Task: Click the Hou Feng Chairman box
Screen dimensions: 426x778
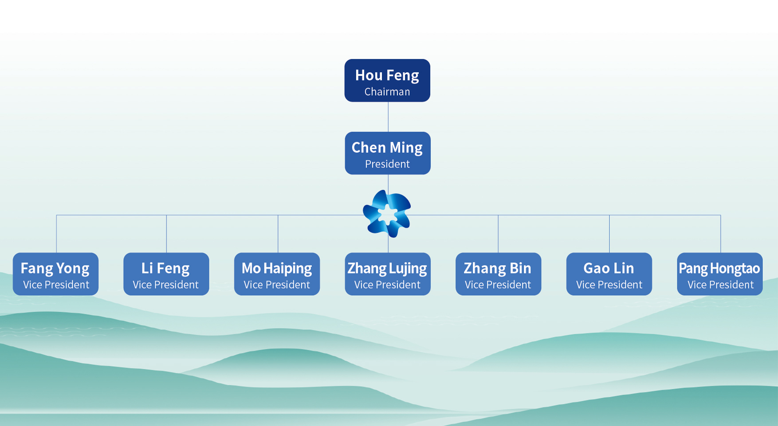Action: pos(387,80)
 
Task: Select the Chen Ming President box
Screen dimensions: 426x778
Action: pos(387,153)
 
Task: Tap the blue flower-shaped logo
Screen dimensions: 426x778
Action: pos(387,214)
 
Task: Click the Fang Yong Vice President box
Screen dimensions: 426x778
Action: pos(55,274)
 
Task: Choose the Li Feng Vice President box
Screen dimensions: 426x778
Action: pos(166,274)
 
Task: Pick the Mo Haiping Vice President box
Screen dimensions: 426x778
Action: pos(277,274)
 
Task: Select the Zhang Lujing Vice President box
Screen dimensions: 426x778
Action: pos(387,274)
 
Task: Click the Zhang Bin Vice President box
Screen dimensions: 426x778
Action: pos(498,274)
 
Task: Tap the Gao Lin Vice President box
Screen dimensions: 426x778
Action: pos(609,274)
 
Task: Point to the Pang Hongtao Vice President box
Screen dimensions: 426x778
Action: pos(719,274)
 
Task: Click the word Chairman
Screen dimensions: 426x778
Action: pos(387,92)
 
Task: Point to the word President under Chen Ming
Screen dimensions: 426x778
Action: pos(387,164)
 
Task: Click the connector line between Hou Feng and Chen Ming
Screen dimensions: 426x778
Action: pos(388,117)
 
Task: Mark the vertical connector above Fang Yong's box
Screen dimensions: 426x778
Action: pos(56,234)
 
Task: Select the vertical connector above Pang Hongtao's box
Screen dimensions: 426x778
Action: pos(720,234)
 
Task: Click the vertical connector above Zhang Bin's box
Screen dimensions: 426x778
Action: pos(498,234)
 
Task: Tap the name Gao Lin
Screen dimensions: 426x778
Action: pos(609,268)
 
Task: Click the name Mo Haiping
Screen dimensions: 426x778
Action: pos(277,268)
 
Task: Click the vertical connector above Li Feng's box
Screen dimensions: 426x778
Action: pos(166,234)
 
